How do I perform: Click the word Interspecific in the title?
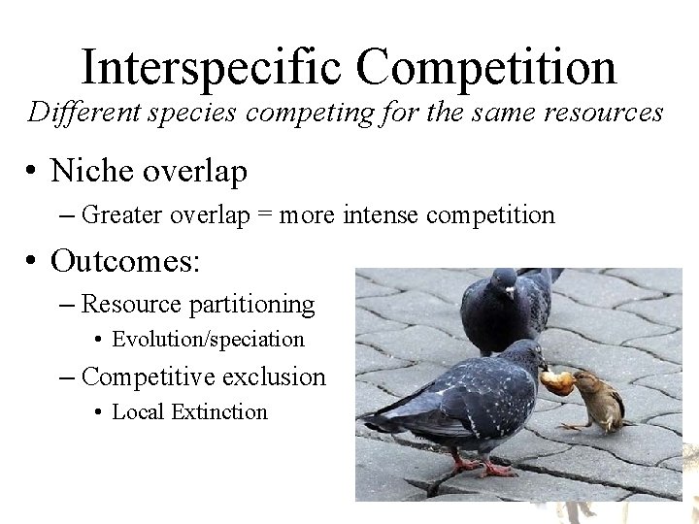[x=213, y=68]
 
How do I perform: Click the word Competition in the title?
[x=485, y=68]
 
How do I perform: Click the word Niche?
[x=92, y=171]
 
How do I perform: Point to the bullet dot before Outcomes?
[x=32, y=261]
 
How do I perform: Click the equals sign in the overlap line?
[x=264, y=215]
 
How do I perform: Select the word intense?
[x=383, y=215]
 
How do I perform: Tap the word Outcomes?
[x=125, y=260]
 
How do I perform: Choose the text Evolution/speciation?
[x=208, y=340]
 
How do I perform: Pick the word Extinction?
[x=218, y=411]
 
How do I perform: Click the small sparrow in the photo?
[x=594, y=398]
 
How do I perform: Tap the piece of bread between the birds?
[x=555, y=381]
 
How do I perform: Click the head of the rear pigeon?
[x=503, y=284]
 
